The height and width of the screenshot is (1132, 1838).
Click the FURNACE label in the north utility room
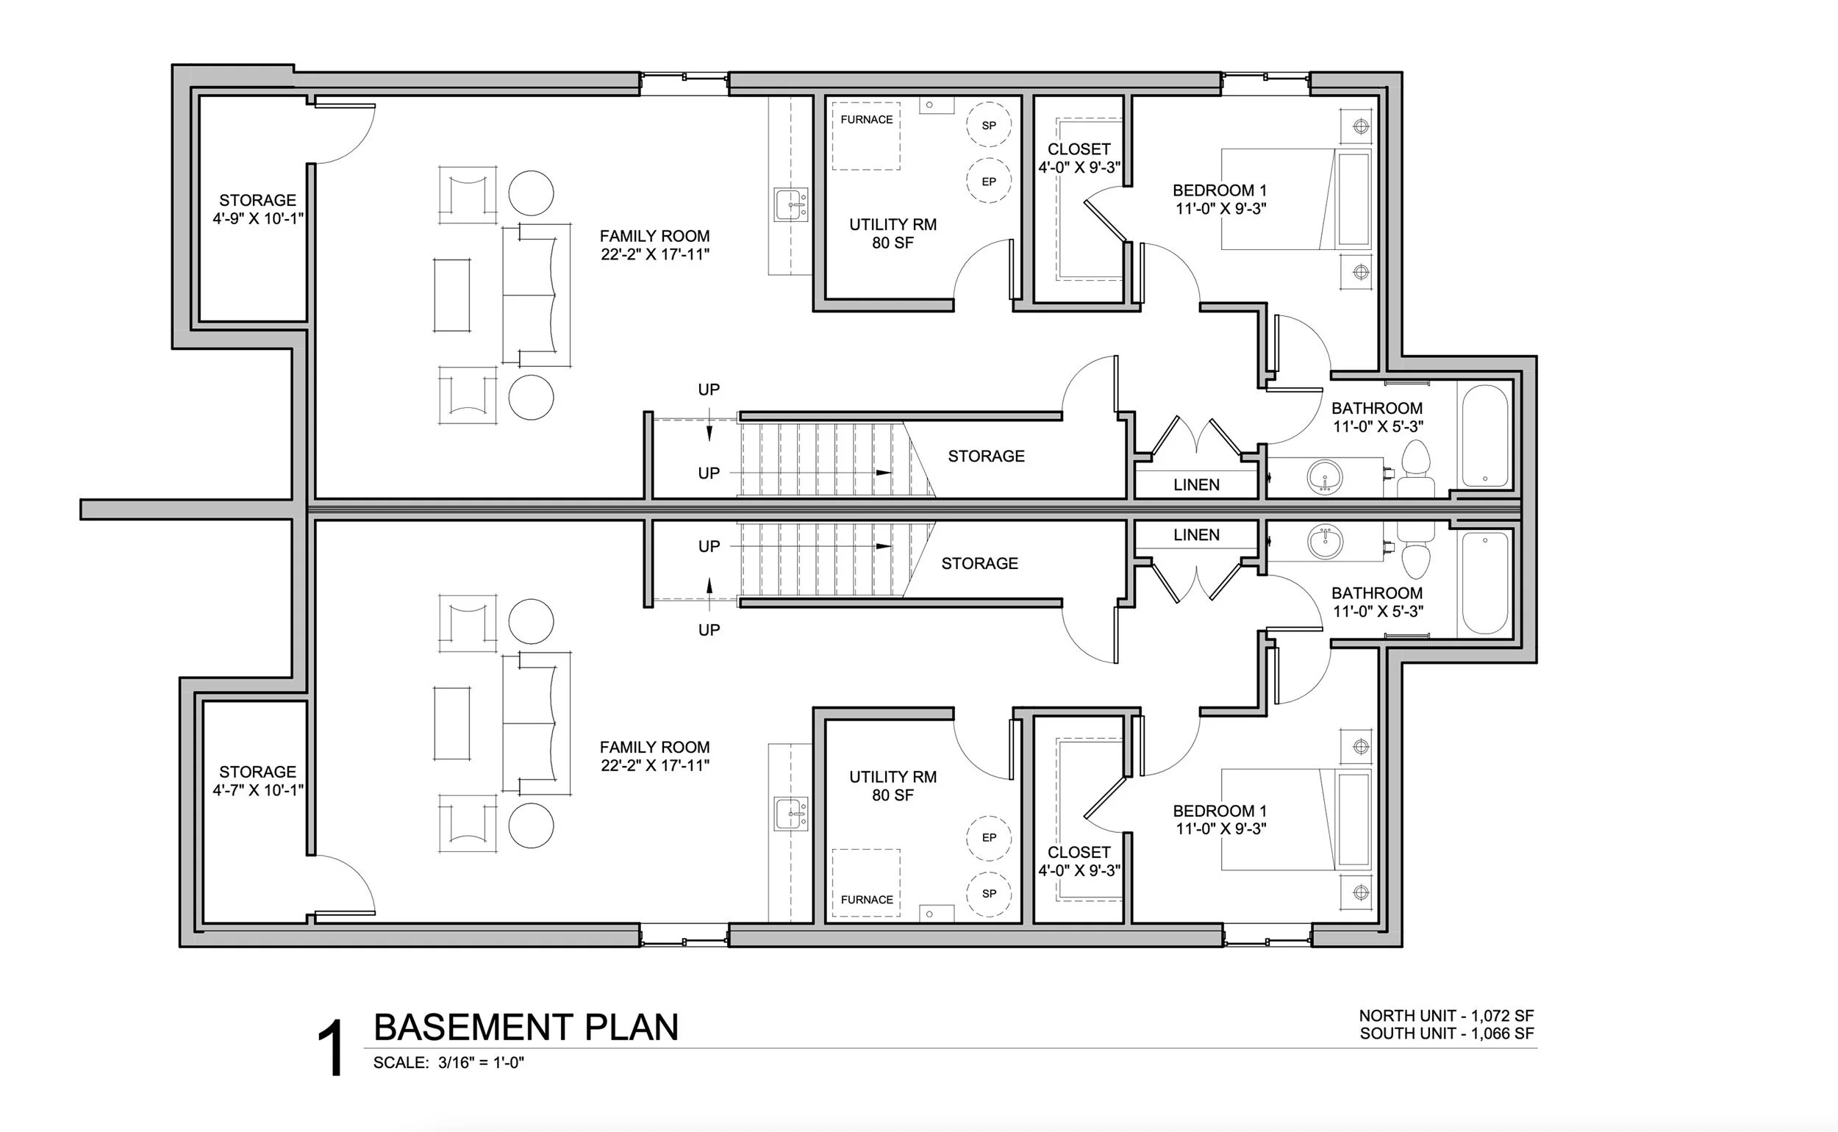click(866, 120)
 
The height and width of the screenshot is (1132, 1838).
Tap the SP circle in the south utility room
click(988, 893)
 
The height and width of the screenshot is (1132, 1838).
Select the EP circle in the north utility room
click(988, 181)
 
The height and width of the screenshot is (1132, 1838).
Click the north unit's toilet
click(1415, 468)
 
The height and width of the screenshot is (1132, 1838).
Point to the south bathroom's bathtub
click(1484, 582)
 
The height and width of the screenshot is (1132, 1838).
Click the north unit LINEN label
click(1195, 485)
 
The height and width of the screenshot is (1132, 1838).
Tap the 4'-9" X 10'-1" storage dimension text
click(257, 218)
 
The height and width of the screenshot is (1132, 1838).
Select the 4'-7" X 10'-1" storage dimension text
click(257, 790)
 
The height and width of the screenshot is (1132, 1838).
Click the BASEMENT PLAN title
click(526, 1027)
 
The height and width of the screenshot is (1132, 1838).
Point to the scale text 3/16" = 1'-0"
click(481, 1062)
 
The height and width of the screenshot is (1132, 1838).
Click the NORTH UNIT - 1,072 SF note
click(1446, 1016)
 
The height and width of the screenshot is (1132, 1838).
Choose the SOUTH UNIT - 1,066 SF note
click(1446, 1034)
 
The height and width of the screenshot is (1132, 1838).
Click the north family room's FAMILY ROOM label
click(654, 236)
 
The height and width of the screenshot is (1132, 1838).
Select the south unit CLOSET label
click(1078, 852)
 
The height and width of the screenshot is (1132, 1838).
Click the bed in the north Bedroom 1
click(1295, 199)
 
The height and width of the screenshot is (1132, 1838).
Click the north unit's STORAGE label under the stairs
click(986, 456)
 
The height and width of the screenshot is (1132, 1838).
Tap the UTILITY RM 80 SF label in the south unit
click(893, 786)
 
